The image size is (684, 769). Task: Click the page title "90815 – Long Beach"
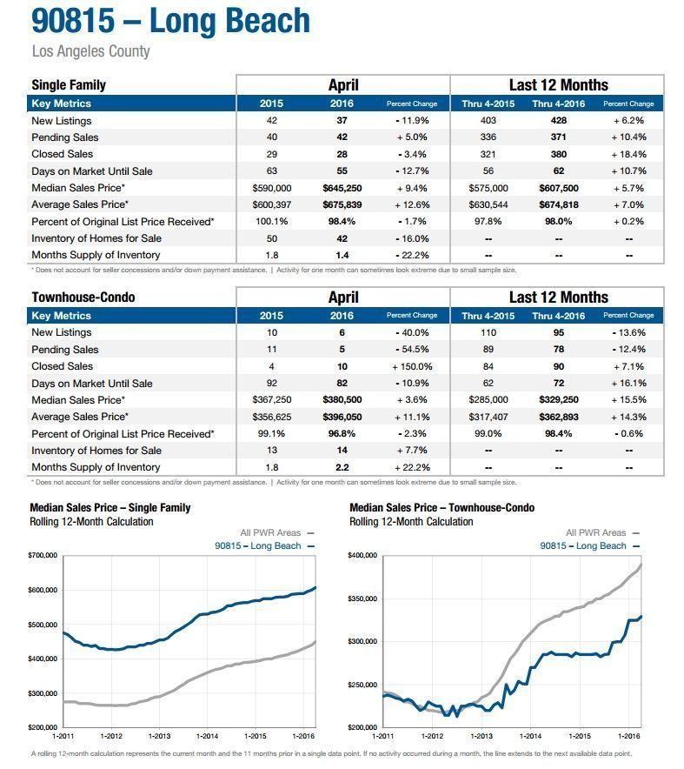click(170, 21)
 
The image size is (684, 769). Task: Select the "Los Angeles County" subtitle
click(90, 51)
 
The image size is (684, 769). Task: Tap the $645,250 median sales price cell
click(342, 188)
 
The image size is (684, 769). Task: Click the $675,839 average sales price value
click(342, 204)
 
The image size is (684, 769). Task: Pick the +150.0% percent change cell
click(412, 366)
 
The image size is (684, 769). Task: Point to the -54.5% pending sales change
click(412, 349)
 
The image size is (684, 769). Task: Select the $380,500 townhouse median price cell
click(342, 399)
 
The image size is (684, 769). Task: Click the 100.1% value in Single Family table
click(272, 221)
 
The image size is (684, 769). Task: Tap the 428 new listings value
click(559, 120)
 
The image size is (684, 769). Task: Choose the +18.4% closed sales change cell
click(628, 154)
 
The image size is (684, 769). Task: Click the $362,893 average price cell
click(559, 417)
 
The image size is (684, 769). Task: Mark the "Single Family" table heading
click(69, 85)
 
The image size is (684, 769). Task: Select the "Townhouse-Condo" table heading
click(83, 298)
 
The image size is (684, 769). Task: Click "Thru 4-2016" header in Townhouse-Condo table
click(559, 316)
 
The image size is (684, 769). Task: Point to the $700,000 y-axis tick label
click(43, 555)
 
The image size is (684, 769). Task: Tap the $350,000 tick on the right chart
click(362, 598)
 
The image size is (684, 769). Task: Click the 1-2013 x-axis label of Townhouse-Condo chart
click(481, 736)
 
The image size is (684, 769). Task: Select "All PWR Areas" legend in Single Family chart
click(270, 532)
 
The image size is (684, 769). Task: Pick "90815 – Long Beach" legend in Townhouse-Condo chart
click(583, 545)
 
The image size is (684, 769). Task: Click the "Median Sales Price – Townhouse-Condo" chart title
click(442, 508)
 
